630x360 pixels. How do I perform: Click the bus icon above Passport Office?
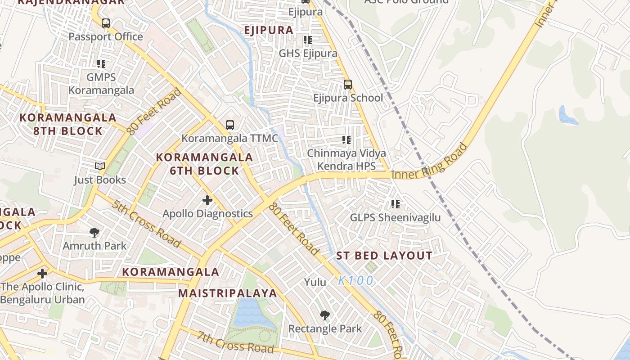point(106,23)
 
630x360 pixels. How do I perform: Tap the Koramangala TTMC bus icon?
point(230,125)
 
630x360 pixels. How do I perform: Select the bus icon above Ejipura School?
point(347,84)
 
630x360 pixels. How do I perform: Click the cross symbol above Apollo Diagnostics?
point(207,200)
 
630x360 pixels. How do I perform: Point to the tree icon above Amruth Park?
point(94,233)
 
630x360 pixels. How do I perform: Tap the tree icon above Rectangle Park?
point(324,315)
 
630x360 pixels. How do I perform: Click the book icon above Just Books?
point(100,166)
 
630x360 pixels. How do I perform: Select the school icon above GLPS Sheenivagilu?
point(396,204)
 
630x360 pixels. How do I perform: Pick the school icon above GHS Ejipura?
point(308,40)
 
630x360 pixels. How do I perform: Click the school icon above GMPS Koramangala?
point(101,64)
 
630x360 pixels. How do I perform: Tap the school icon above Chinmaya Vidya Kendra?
point(346,140)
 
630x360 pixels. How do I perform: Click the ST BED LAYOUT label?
point(384,256)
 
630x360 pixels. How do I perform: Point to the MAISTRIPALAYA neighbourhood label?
point(227,293)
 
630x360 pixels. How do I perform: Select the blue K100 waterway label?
point(355,280)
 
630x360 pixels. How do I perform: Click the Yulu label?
point(315,282)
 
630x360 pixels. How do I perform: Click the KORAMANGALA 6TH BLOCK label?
point(204,164)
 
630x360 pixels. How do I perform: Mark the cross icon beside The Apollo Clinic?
point(42,273)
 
